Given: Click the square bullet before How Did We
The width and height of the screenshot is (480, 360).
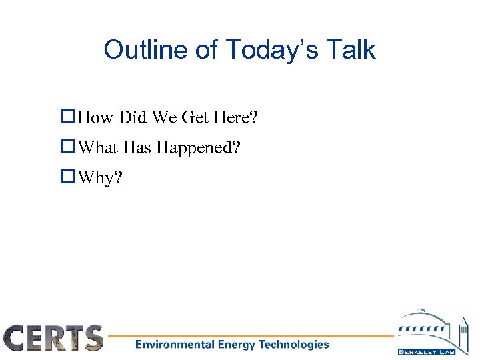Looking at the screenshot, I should pyautogui.click(x=67, y=119).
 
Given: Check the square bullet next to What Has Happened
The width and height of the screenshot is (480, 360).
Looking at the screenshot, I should pyautogui.click(x=67, y=147).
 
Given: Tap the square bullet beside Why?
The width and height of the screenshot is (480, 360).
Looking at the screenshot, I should pyautogui.click(x=67, y=177).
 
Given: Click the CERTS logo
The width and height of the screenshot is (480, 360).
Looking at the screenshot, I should pyautogui.click(x=53, y=337).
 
